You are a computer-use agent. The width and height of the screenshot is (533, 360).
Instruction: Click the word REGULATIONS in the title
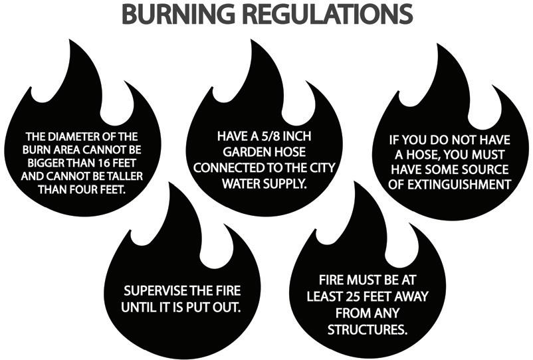click(x=325, y=15)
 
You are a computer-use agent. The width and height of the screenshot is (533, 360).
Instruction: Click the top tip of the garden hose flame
click(x=253, y=41)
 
